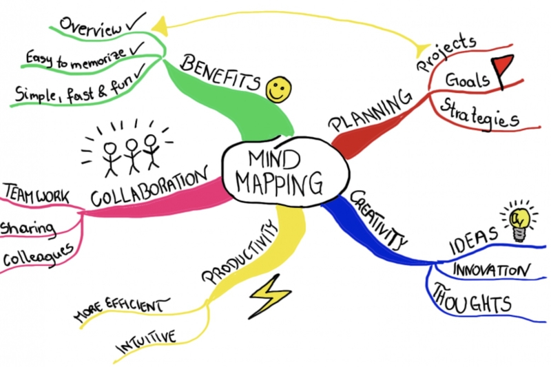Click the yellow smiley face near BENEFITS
tap(279, 90)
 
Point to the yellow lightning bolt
tap(270, 296)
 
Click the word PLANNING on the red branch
tap(371, 111)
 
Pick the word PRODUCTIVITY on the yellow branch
tap(239, 252)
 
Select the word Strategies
tap(479, 114)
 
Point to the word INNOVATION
tap(491, 271)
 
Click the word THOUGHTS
tap(471, 300)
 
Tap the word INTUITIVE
tap(146, 342)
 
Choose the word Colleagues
tap(38, 255)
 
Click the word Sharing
tap(28, 229)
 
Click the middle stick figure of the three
tap(132, 156)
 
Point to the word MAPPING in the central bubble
tap(279, 184)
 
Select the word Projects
tap(446, 53)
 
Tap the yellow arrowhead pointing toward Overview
tap(160, 27)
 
